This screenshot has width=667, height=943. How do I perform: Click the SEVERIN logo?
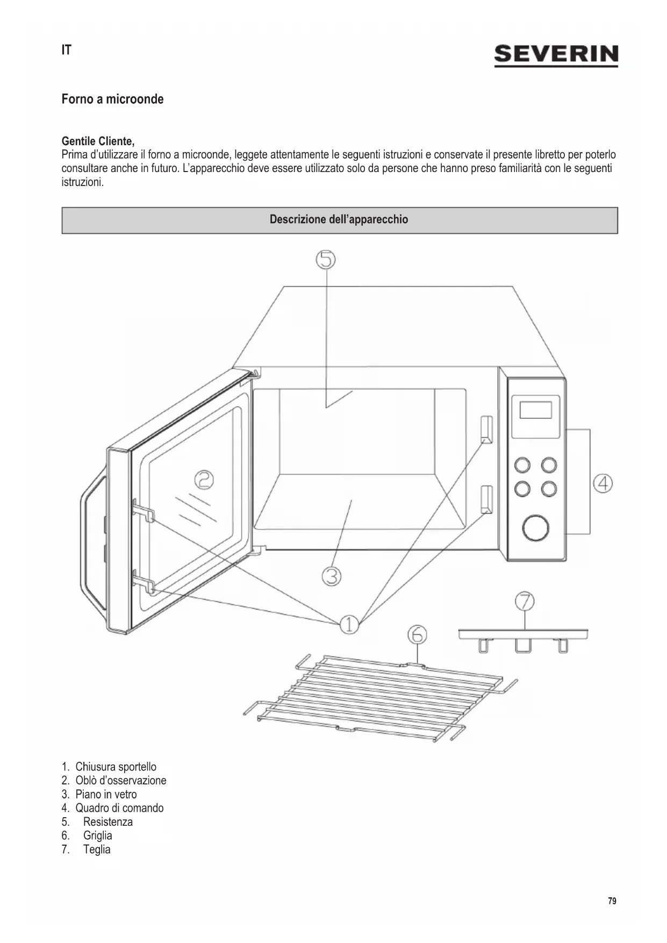point(556,55)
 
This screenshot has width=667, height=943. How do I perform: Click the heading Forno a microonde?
point(112,99)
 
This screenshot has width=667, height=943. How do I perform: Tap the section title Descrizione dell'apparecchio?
point(339,219)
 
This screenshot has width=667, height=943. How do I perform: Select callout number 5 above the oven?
point(326,260)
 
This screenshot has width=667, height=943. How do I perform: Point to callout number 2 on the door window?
point(204,480)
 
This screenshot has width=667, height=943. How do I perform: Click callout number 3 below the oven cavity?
point(332,576)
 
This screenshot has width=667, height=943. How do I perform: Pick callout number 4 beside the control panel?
point(603,483)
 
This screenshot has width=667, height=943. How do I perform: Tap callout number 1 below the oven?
point(349,624)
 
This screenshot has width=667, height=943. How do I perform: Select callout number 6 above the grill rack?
point(417,635)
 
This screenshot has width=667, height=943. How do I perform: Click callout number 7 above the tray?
point(525,601)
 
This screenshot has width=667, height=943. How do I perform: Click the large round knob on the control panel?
point(536,527)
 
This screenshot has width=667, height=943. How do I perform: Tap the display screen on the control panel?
point(535,411)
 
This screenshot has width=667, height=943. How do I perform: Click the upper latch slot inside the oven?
point(486,429)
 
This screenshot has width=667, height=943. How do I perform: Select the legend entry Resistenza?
point(108,821)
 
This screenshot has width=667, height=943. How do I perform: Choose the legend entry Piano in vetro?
point(106,794)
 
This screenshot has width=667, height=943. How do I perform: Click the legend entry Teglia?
point(97,849)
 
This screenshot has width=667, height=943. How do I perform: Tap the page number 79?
point(612,901)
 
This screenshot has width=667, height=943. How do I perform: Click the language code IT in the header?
point(66,50)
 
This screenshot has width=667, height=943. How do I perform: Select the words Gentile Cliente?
point(98,141)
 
